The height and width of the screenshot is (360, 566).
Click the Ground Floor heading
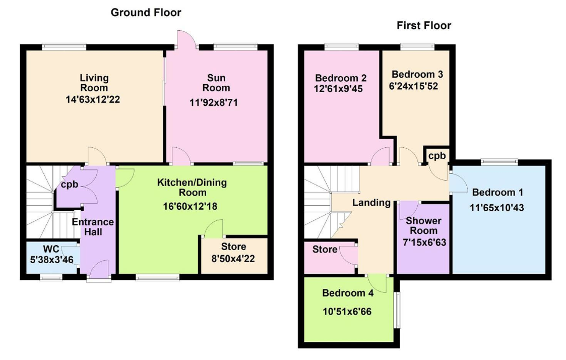point(146,13)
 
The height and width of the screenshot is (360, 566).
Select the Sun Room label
point(216,83)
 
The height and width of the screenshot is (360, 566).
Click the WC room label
point(51,249)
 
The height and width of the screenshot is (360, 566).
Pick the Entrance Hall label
point(93,227)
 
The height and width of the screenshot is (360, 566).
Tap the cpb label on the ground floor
point(70,185)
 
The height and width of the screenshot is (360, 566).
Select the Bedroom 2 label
point(340,78)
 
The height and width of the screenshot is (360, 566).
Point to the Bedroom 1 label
point(497,192)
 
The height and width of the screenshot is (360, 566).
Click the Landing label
point(371,203)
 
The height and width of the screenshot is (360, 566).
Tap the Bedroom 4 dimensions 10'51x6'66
point(346,311)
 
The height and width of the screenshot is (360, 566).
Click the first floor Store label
point(325,249)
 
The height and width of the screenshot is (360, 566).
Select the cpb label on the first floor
point(436,156)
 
